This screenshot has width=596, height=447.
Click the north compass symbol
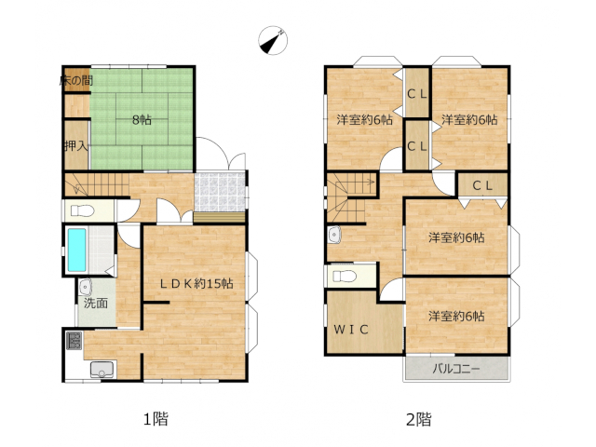click(x=273, y=40)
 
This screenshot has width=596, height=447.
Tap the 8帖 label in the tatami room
click(x=142, y=120)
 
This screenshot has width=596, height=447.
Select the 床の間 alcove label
click(x=76, y=80)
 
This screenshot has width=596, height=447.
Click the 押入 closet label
click(x=76, y=145)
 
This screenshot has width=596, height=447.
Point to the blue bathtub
click(x=76, y=251)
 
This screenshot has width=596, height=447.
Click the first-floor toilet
click(x=83, y=210)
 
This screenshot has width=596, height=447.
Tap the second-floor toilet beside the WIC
click(x=345, y=276)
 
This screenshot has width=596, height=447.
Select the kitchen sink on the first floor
click(x=102, y=370)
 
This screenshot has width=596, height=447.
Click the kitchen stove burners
click(x=74, y=341)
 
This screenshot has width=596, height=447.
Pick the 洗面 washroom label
click(x=96, y=304)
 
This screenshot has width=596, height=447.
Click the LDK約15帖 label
click(x=196, y=283)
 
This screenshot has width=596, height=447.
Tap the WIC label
click(x=351, y=330)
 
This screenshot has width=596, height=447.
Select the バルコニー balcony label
click(x=456, y=369)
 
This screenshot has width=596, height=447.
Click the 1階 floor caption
click(x=156, y=419)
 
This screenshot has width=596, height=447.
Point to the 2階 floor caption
click(x=418, y=420)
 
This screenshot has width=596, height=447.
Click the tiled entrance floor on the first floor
click(x=220, y=193)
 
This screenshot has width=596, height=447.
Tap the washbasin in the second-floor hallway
click(x=334, y=235)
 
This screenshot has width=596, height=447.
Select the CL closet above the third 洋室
click(x=482, y=186)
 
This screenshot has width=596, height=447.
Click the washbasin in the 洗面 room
click(x=86, y=287)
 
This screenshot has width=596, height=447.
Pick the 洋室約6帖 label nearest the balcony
click(x=456, y=317)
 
